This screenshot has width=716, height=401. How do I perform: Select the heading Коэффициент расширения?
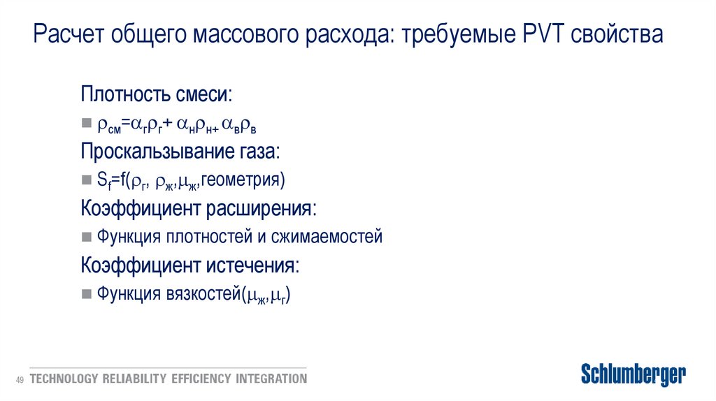pos(198,208)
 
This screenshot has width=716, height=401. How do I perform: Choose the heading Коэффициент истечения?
pos(190,265)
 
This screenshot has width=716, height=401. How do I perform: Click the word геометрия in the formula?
pos(242,180)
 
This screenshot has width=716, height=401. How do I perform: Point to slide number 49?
pos(20,379)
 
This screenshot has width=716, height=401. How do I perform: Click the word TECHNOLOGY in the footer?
pos(64,379)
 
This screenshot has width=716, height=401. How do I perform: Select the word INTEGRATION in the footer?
pos(271,379)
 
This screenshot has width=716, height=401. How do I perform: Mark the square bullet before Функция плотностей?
pos(86,237)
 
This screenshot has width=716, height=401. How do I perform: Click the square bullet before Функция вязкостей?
pos(86,294)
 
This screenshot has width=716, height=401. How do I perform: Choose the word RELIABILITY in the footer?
pos(135,379)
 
